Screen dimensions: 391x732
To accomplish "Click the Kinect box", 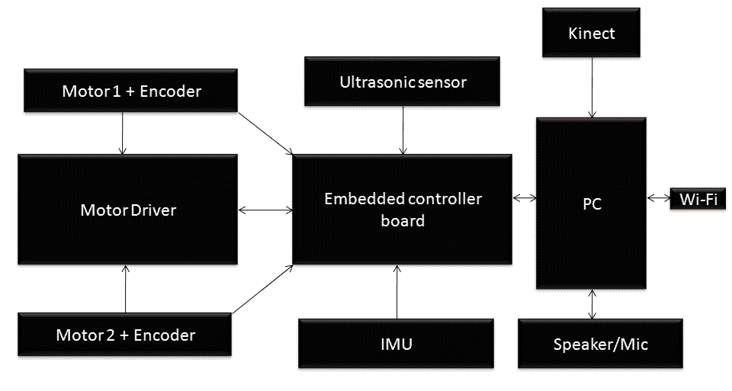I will coord(592,34).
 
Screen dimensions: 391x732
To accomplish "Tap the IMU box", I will coord(396,344).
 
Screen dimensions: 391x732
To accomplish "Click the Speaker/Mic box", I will coord(600,344).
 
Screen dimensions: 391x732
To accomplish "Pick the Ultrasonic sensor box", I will coord(403,82).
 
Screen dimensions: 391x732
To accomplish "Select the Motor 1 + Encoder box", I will coord(131,91).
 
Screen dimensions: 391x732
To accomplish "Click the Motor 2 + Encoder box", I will coord(125,335).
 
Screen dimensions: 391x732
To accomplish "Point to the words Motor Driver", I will coord(128,210).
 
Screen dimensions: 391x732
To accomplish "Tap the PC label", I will coord(592,205).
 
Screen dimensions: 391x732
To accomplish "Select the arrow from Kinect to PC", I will coord(592,86).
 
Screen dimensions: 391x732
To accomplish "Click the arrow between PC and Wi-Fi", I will coord(658,198).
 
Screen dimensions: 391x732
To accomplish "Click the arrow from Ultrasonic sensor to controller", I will coord(403,130).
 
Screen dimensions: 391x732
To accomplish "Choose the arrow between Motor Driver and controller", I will coord(265,210).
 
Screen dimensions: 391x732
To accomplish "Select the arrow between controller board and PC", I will coord(524,198).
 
